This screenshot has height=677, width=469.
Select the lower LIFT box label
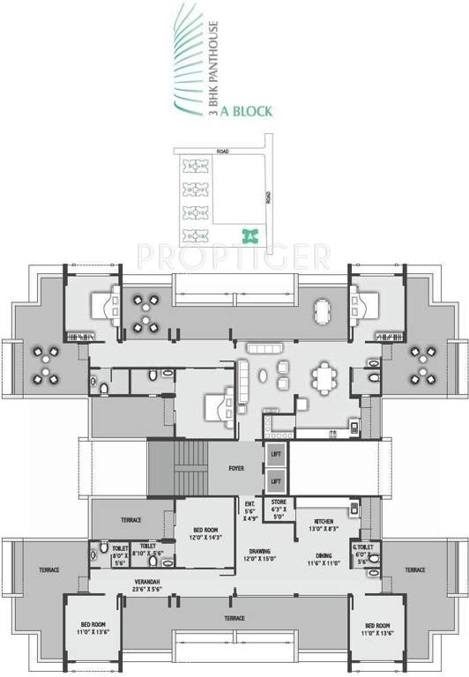[x=275, y=481]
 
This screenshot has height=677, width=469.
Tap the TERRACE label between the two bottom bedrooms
[x=234, y=618]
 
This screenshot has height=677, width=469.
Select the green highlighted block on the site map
[x=250, y=234]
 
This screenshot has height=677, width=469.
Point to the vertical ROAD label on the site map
[x=268, y=198]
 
